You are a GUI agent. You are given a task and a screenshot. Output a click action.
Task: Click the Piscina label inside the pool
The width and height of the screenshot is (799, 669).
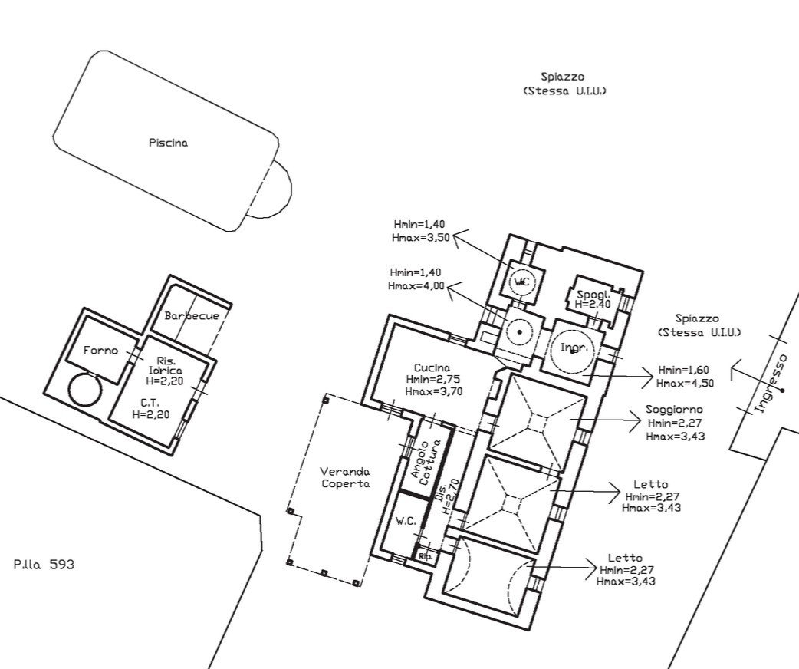point(168,143)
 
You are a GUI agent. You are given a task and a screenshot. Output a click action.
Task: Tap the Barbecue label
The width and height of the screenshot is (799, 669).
point(192,315)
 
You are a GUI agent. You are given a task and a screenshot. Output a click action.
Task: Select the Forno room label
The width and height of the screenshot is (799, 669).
point(100,351)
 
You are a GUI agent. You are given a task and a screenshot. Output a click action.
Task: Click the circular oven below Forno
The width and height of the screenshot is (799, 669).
point(85,389)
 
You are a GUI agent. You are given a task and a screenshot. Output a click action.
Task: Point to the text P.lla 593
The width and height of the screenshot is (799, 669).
point(44,565)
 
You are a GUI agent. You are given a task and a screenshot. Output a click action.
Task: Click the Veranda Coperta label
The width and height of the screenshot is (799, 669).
point(346,478)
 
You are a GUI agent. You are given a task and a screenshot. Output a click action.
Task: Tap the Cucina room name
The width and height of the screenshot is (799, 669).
point(432,367)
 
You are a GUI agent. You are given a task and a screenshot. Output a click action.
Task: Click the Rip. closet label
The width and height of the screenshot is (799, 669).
point(425,557)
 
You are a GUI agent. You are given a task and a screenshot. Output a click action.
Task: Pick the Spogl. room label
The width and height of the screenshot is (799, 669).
point(593,294)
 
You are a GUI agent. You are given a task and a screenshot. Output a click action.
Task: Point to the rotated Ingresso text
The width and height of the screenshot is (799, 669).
point(771,383)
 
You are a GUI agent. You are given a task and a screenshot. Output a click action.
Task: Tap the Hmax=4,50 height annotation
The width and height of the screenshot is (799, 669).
point(685,383)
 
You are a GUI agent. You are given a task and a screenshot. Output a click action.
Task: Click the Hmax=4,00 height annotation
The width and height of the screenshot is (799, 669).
point(416,285)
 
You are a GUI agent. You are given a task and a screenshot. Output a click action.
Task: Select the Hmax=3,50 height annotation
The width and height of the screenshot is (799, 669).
point(421,237)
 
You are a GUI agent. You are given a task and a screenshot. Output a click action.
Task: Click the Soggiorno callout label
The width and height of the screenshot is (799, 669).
point(674,409)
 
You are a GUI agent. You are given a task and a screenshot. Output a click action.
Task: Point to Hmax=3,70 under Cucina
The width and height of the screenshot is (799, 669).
point(434,391)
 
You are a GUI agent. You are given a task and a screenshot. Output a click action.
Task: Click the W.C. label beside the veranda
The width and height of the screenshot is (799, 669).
point(406,522)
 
